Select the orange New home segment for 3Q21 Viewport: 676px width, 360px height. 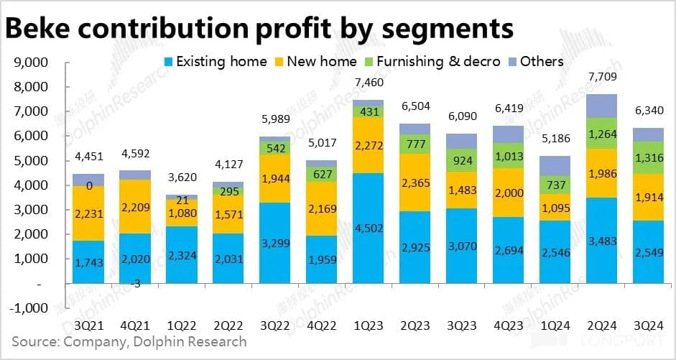[88, 213]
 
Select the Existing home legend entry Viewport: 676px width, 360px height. [215, 61]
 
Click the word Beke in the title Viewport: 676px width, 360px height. [43, 28]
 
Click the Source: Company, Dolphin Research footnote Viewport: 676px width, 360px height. [129, 341]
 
